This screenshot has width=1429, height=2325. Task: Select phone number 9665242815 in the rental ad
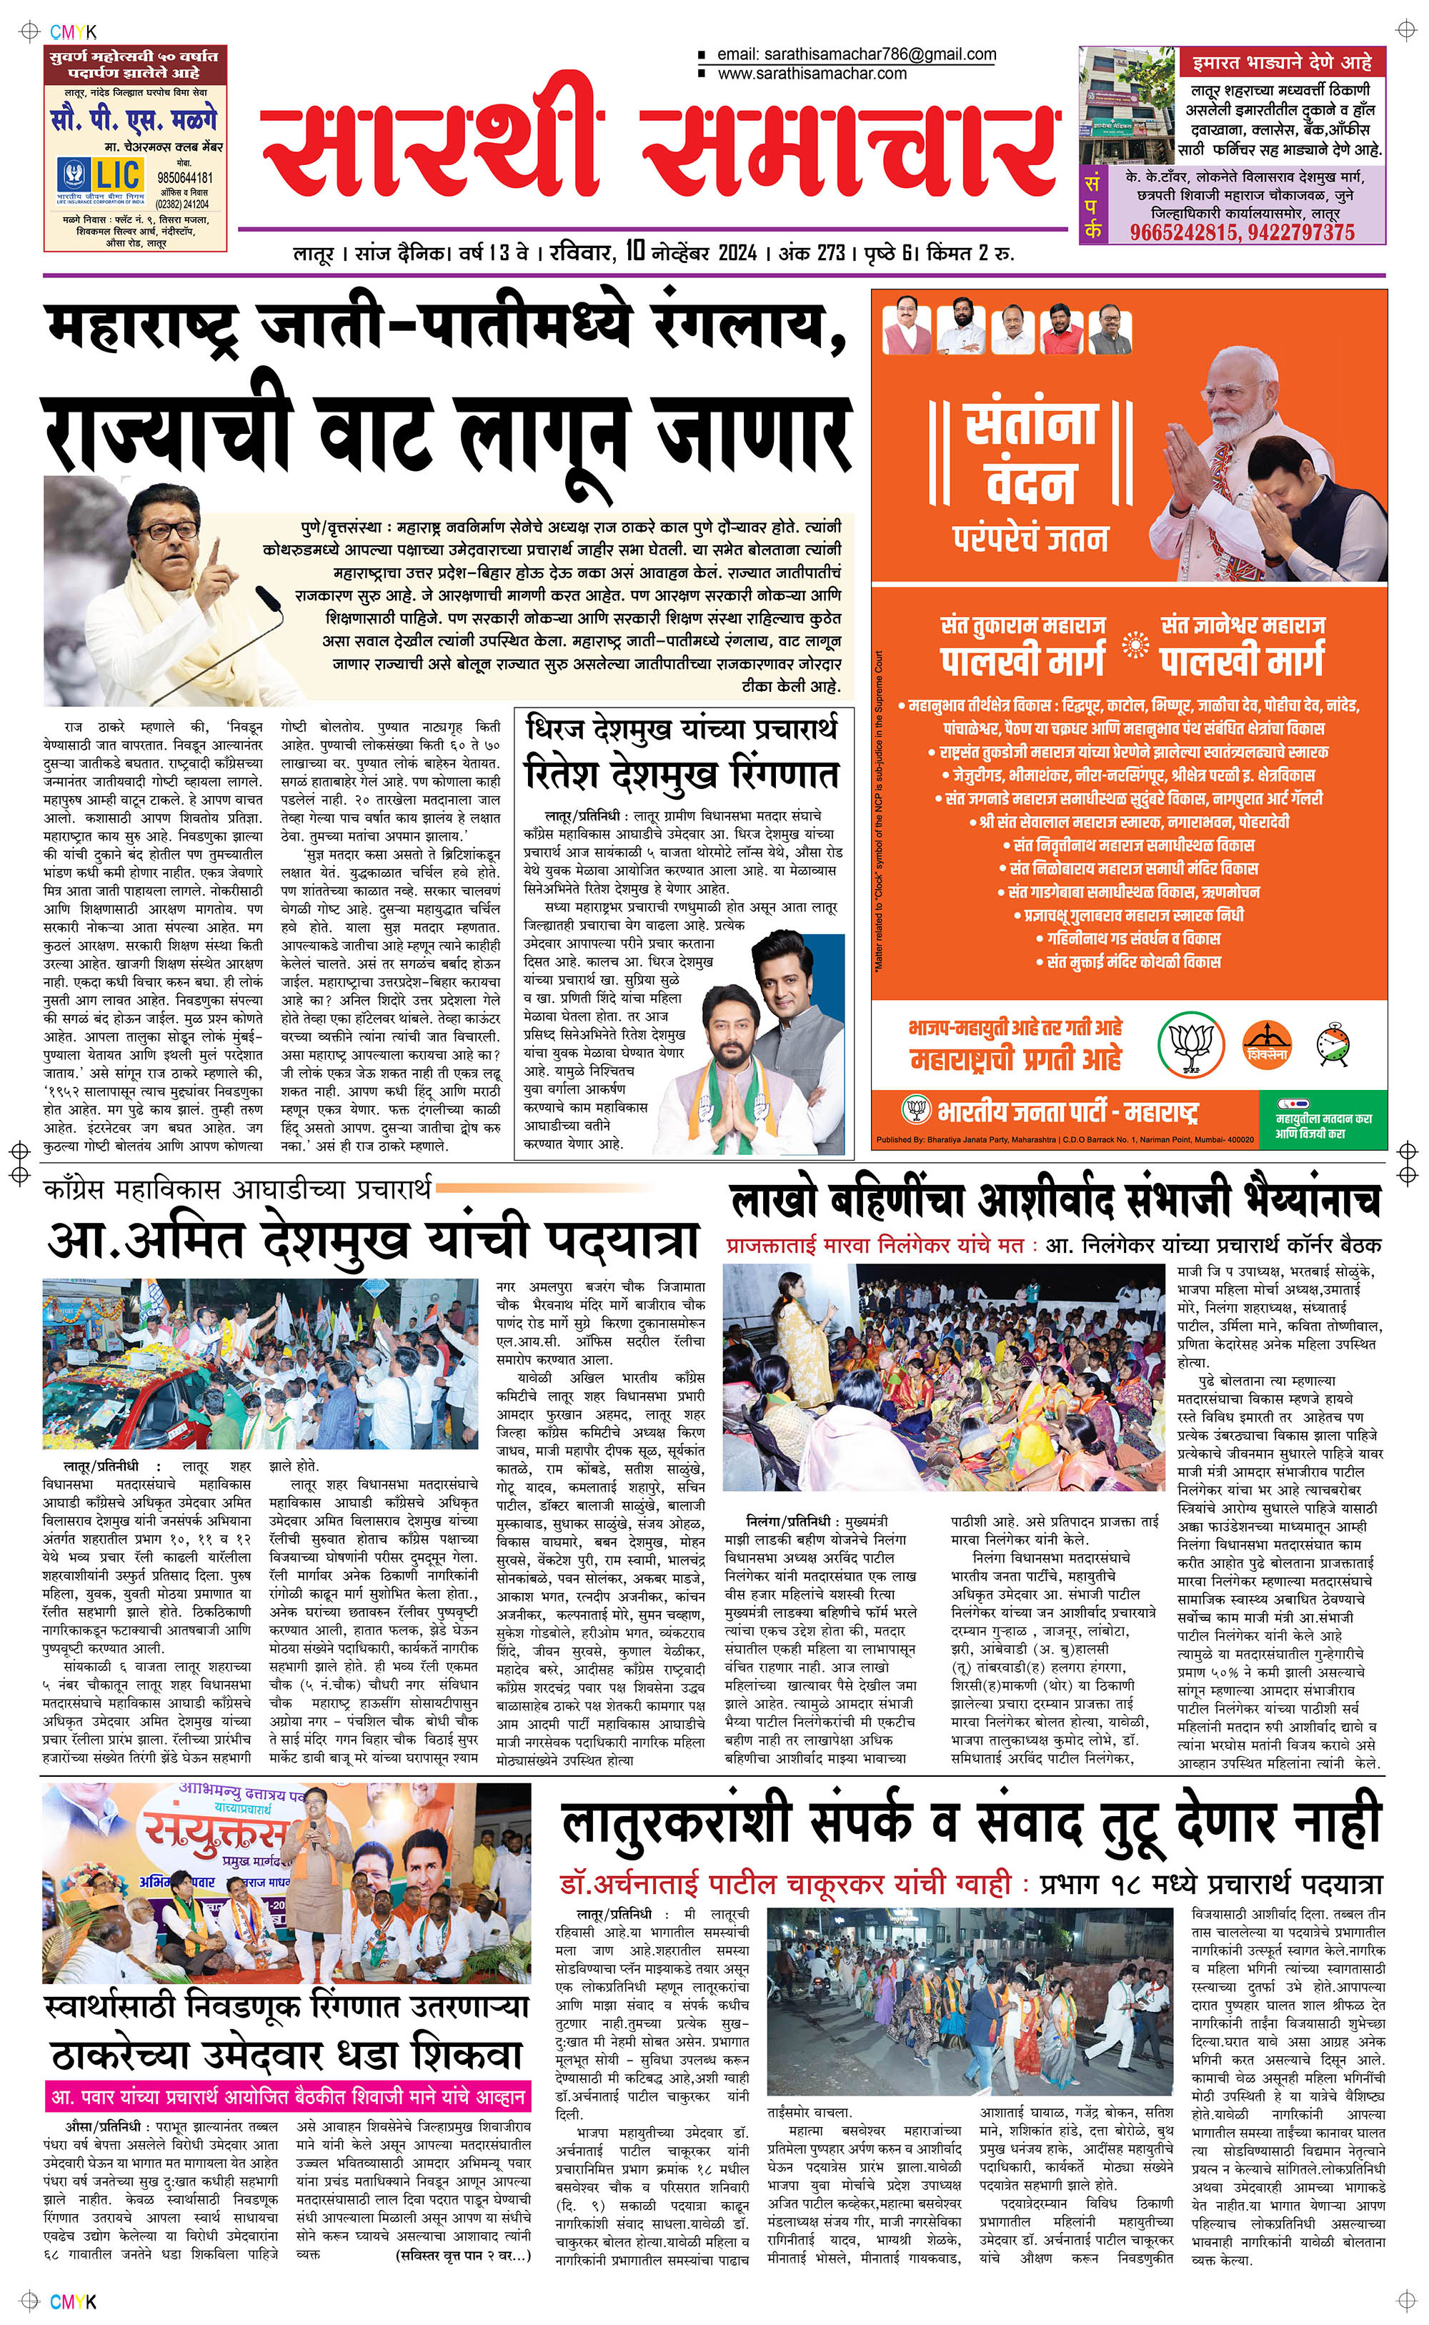coord(1181,232)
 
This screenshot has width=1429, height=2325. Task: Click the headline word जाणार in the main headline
coord(753,433)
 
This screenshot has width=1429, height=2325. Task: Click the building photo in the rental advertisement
coord(1127,105)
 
